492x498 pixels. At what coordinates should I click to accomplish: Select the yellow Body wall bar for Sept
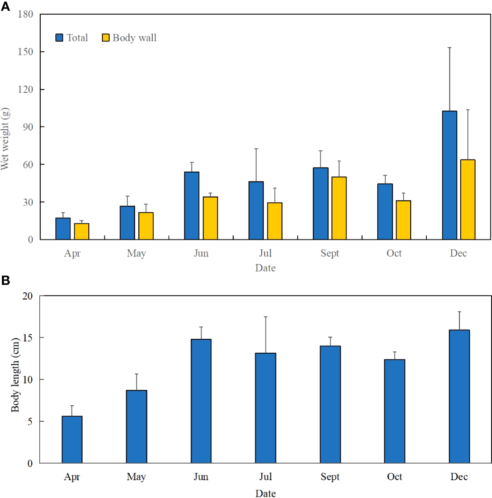coord(339,208)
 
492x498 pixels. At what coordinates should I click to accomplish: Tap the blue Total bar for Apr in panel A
coord(63,229)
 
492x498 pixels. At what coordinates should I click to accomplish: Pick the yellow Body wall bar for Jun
coord(210,218)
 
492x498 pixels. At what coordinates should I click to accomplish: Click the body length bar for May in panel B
coord(137,427)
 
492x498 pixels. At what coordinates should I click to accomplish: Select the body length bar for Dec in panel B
coord(459,396)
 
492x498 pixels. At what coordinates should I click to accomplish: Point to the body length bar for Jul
coord(265,408)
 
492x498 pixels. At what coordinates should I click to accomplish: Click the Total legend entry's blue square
coord(59,38)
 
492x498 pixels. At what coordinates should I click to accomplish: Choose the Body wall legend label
coord(134,38)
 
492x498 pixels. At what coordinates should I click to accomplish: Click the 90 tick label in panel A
coord(28,127)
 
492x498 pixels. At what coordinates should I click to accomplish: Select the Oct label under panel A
coord(394,253)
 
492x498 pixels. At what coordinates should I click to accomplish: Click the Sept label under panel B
coord(329,477)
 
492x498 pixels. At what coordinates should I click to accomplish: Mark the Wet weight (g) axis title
coord(5,139)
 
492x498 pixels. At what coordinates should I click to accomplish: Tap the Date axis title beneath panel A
coord(265,268)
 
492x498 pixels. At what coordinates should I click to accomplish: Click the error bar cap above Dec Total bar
coord(449,47)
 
